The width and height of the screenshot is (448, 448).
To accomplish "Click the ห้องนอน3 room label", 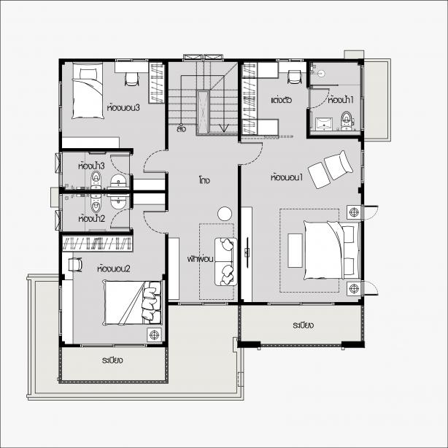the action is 123,108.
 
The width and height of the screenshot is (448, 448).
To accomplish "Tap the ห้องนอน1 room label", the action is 287,177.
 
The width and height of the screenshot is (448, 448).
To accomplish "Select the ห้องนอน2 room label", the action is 114,269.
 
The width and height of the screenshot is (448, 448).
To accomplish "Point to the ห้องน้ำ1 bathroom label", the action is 341,100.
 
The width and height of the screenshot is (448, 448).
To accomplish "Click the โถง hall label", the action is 204,180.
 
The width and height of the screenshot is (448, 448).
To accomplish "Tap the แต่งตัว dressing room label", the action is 281,100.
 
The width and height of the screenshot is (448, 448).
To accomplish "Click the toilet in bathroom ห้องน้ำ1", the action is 347,120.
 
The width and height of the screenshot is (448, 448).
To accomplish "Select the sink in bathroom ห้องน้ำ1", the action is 324,124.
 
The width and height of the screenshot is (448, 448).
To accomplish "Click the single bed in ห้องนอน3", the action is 88,90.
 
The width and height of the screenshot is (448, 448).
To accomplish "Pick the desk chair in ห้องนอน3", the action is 132,79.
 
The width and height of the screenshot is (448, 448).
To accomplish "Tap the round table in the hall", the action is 225,214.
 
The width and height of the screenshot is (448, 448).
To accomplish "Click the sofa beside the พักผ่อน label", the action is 225,262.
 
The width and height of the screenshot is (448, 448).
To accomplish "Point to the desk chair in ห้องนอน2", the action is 75,265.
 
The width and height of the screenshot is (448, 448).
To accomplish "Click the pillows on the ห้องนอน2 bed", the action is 151,303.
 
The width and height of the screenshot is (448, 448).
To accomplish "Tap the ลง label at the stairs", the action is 182,128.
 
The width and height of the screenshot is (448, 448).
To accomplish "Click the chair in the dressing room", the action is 294,77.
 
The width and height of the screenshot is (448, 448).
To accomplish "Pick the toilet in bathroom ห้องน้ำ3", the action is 96,179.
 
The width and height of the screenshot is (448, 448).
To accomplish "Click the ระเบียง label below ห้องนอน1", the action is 303,325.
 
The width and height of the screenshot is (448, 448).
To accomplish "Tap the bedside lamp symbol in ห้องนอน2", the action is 154,335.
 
